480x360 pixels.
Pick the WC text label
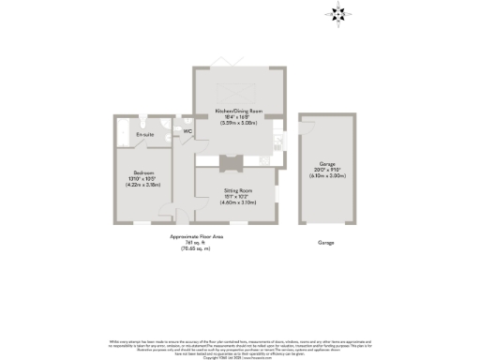(x=187, y=131)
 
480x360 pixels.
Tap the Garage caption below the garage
(x=325, y=242)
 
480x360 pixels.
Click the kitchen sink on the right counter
(x=279, y=141)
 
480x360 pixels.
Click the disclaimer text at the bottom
(x=240, y=343)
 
